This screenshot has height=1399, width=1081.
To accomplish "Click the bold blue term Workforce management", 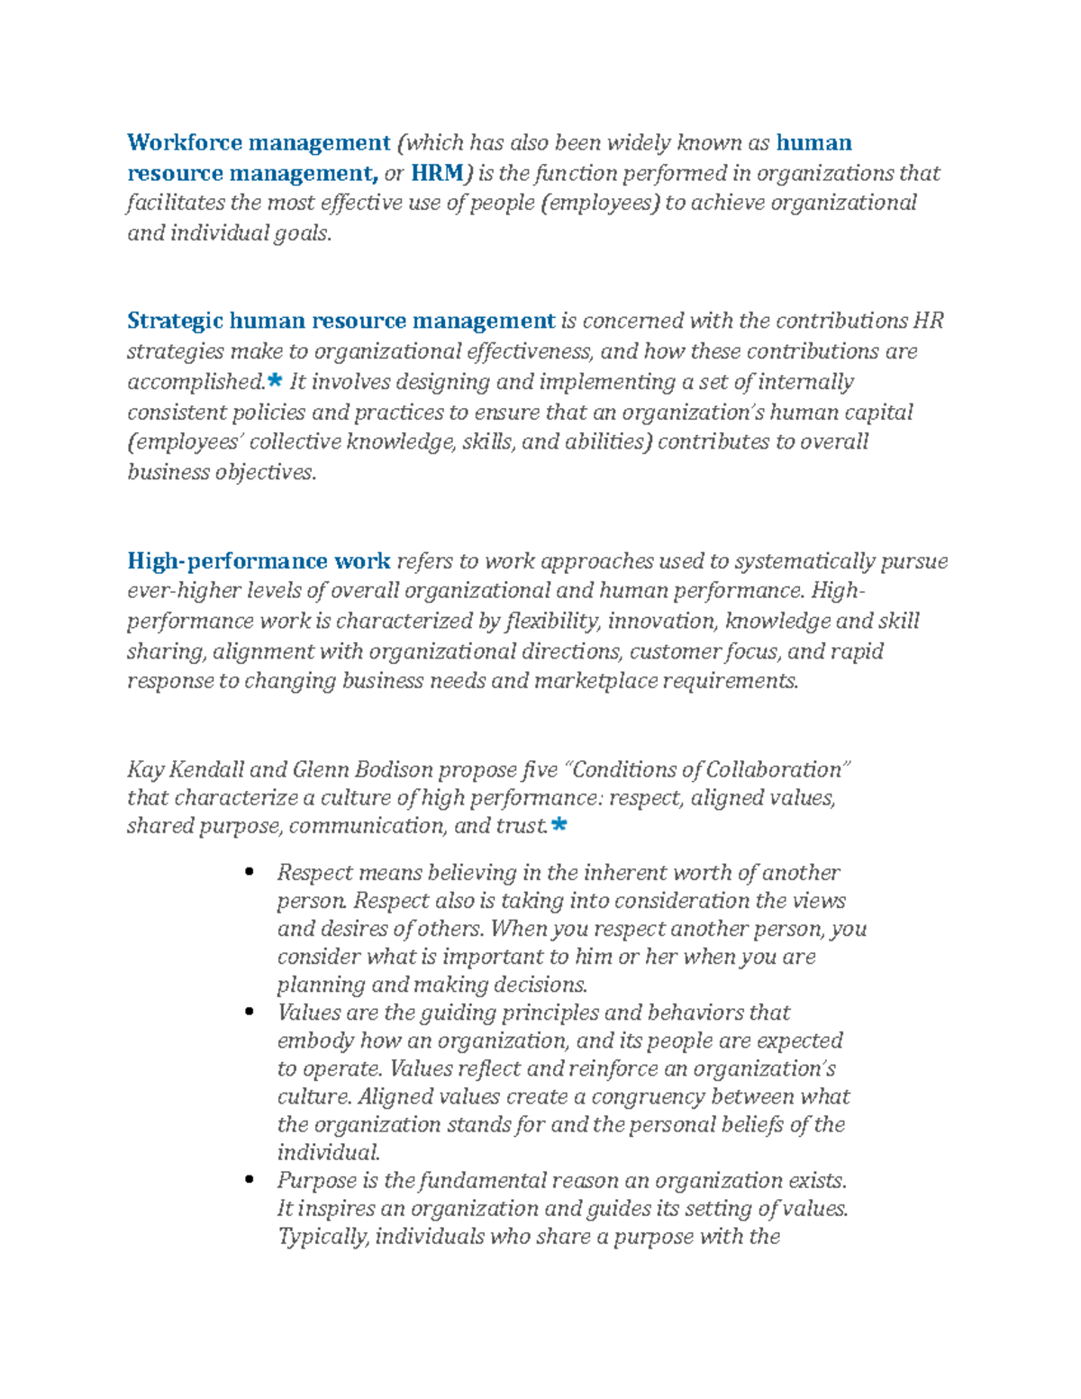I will coord(258,142).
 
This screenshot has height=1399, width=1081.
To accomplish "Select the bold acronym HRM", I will coord(437,173).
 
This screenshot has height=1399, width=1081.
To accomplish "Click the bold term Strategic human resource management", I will coord(341,321).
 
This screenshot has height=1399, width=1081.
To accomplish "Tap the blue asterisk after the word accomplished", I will coord(275,381).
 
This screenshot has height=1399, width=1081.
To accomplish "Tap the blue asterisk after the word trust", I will coord(559,824).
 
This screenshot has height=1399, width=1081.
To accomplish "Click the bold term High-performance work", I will coord(259,561).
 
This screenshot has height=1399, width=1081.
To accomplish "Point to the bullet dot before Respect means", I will coord(250,872).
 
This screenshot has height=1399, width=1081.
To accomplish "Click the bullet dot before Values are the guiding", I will coord(250,1013).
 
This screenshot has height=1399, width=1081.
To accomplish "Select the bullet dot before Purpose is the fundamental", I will coord(250,1180).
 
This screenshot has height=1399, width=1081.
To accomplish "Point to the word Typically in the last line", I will coord(322,1237).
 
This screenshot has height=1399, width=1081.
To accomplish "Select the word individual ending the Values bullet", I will coord(329,1152).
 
